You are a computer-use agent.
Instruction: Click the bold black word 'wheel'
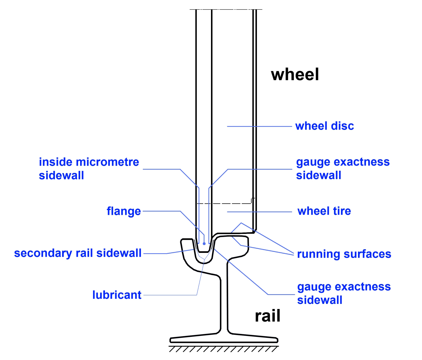click(295, 74)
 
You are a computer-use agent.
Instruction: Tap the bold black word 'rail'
click(267, 316)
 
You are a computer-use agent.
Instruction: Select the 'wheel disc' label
click(324, 126)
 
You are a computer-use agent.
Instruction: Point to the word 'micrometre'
click(107, 162)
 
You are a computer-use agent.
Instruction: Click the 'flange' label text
click(124, 211)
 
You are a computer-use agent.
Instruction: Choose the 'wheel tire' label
click(324, 211)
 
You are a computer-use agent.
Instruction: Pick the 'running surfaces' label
click(344, 254)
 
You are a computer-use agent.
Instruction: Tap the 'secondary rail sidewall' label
click(78, 253)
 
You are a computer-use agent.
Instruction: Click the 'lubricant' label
click(117, 295)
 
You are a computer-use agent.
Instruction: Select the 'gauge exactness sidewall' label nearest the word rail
click(344, 293)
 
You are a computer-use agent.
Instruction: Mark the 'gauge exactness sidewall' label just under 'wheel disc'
click(342, 168)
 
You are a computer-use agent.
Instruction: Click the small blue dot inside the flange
click(204, 244)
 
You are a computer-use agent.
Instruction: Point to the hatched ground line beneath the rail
click(224, 349)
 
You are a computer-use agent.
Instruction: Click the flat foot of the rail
click(224, 339)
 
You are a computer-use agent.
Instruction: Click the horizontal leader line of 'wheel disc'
click(259, 126)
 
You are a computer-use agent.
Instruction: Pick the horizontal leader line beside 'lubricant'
click(170, 295)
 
